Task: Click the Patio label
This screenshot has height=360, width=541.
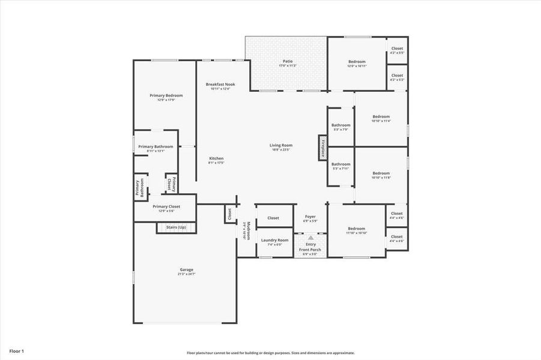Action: pyautogui.click(x=288, y=61)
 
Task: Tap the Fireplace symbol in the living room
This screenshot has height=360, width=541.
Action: pyautogui.click(x=322, y=148)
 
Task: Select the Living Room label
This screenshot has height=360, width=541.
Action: pyautogui.click(x=280, y=145)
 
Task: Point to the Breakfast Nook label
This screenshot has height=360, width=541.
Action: pyautogui.click(x=220, y=85)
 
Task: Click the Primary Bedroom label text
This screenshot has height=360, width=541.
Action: pyautogui.click(x=166, y=95)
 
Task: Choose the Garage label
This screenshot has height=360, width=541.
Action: pyautogui.click(x=186, y=270)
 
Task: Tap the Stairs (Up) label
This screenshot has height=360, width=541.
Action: pyautogui.click(x=176, y=227)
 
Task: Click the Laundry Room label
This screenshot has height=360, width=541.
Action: pyautogui.click(x=274, y=240)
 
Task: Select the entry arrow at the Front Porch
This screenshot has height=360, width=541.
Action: pyautogui.click(x=310, y=238)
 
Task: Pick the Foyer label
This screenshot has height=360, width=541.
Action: pyautogui.click(x=310, y=217)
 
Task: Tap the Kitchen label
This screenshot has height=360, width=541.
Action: pyautogui.click(x=216, y=158)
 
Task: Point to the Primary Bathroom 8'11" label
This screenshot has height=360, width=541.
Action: pyautogui.click(x=156, y=147)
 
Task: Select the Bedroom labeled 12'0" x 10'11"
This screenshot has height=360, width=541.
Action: pyautogui.click(x=357, y=62)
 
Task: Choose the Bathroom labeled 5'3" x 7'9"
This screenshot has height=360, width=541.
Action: pyautogui.click(x=340, y=125)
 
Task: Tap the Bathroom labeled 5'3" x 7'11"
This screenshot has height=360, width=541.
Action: pyautogui.click(x=340, y=164)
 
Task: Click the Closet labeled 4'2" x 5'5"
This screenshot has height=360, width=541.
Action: pyautogui.click(x=397, y=49)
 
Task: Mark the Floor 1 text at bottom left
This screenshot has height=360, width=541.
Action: pyautogui.click(x=17, y=350)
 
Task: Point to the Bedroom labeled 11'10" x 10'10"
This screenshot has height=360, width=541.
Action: pyautogui.click(x=356, y=229)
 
